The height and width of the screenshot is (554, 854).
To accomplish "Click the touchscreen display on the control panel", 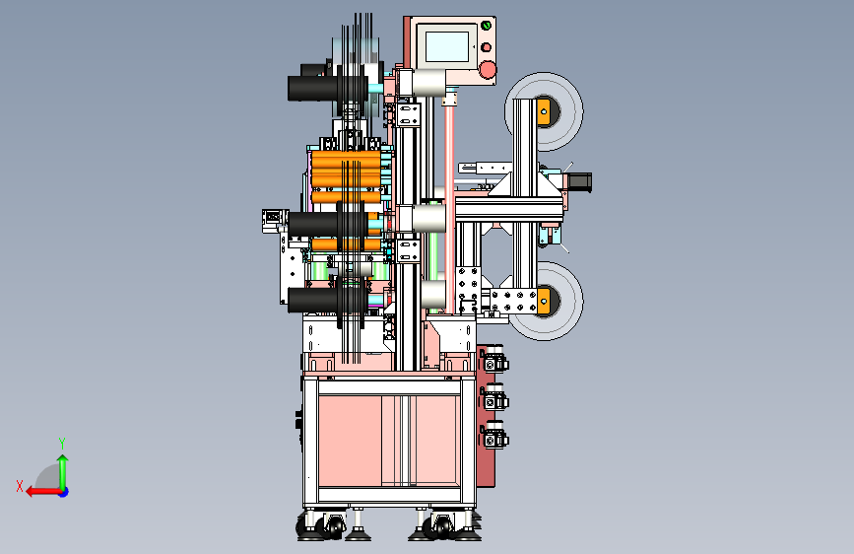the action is pos(446,46).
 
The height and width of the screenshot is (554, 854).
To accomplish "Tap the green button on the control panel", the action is pos(486,26).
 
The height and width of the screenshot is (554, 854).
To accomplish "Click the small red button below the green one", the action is pos(486,47).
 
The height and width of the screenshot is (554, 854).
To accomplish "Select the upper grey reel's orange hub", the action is pos(544,111).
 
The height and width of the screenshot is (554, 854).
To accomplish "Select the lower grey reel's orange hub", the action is pos(544,301).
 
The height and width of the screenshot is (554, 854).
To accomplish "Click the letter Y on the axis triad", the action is pos(62,443).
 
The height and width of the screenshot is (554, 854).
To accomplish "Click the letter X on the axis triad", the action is pos(20,486).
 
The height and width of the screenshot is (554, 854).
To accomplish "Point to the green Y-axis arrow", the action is pos(63,472).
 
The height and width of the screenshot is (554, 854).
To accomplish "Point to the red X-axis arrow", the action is pos(43,492).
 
